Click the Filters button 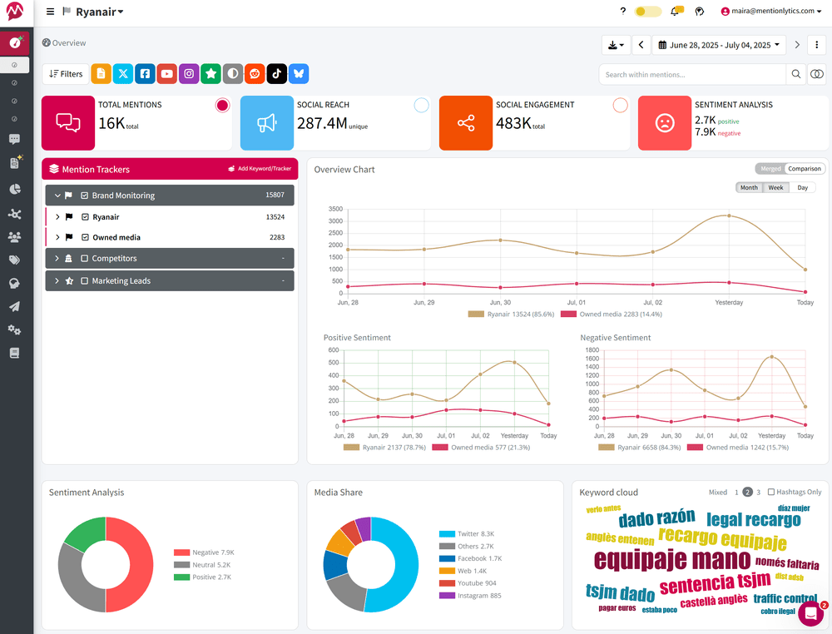tap(66, 73)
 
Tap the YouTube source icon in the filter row tap(167, 73)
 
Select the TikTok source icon tap(277, 73)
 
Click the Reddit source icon tap(255, 73)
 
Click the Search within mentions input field tap(692, 74)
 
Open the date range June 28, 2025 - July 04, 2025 tap(720, 45)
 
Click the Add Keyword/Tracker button tap(260, 169)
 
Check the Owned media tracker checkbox tap(85, 237)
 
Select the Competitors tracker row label tap(114, 259)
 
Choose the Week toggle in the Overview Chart tap(775, 187)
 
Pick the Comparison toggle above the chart tap(805, 169)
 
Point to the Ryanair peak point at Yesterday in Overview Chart tap(729, 215)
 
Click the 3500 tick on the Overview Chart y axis tap(334, 209)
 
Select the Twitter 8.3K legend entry tap(475, 533)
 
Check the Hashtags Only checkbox tap(771, 492)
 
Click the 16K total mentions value tap(111, 123)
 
